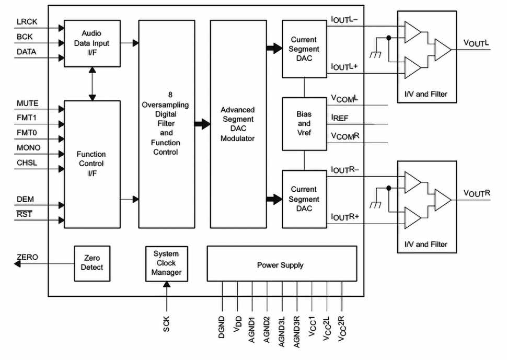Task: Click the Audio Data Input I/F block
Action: [93, 43]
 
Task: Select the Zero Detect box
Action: [92, 262]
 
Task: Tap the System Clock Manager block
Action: [167, 263]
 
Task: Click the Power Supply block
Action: [282, 265]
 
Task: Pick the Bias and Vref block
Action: [304, 124]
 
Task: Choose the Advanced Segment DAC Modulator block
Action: [237, 124]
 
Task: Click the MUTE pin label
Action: [28, 104]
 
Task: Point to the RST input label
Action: [24, 214]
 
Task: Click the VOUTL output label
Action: [476, 43]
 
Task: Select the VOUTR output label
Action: [476, 193]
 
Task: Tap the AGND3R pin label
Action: [297, 330]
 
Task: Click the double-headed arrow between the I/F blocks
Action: [93, 84]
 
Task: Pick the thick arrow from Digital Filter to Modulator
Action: [202, 124]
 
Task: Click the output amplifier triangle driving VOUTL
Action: [442, 50]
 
